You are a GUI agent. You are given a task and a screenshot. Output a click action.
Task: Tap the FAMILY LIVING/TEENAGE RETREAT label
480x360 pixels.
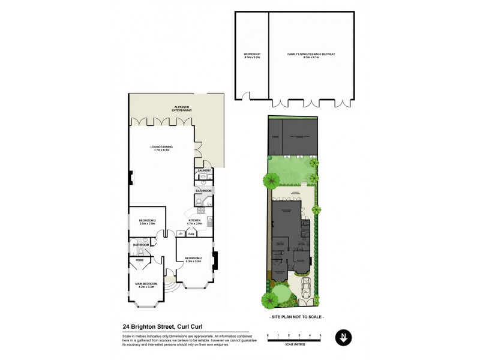point(311,54)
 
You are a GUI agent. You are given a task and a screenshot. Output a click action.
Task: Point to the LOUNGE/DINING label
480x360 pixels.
point(161,146)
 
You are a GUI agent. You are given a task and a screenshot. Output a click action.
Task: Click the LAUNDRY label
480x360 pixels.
point(203,171)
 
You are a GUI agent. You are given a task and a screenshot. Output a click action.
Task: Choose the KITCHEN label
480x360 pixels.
point(195,221)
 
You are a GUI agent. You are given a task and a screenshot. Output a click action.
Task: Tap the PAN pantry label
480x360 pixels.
point(191,235)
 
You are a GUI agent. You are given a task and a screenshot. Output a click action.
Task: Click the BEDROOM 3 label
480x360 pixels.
point(148,221)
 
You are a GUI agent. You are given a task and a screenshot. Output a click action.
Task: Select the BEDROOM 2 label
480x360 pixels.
point(193,259)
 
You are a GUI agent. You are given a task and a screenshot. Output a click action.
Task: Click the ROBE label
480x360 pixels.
point(139,260)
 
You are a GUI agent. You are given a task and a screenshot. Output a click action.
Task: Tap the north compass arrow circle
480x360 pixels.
point(343,338)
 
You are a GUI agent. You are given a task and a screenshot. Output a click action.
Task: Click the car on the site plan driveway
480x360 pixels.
point(307,287)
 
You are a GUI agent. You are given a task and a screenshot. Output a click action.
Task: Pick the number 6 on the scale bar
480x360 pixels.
point(321,335)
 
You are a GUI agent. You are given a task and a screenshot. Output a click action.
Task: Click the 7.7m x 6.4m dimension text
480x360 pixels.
point(161,151)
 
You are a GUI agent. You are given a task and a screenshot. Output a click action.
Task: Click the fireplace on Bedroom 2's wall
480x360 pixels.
point(216,260)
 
